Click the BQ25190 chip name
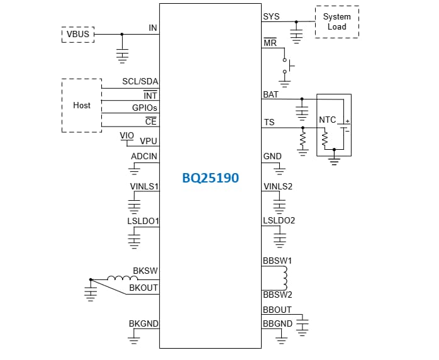point(210,178)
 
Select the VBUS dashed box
point(78,35)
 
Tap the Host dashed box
point(82,106)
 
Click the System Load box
point(336,22)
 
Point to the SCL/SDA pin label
point(140,82)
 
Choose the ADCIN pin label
point(144,156)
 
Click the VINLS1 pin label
point(143,187)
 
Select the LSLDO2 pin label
point(279,220)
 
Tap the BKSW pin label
point(145,271)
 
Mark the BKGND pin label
point(143,323)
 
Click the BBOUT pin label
point(277,310)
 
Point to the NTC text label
point(328,120)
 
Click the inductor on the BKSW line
point(119,278)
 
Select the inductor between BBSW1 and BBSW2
point(284,277)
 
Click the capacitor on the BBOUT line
point(303,323)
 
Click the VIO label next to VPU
point(126,135)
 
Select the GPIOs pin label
point(145,108)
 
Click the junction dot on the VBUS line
point(122,35)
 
